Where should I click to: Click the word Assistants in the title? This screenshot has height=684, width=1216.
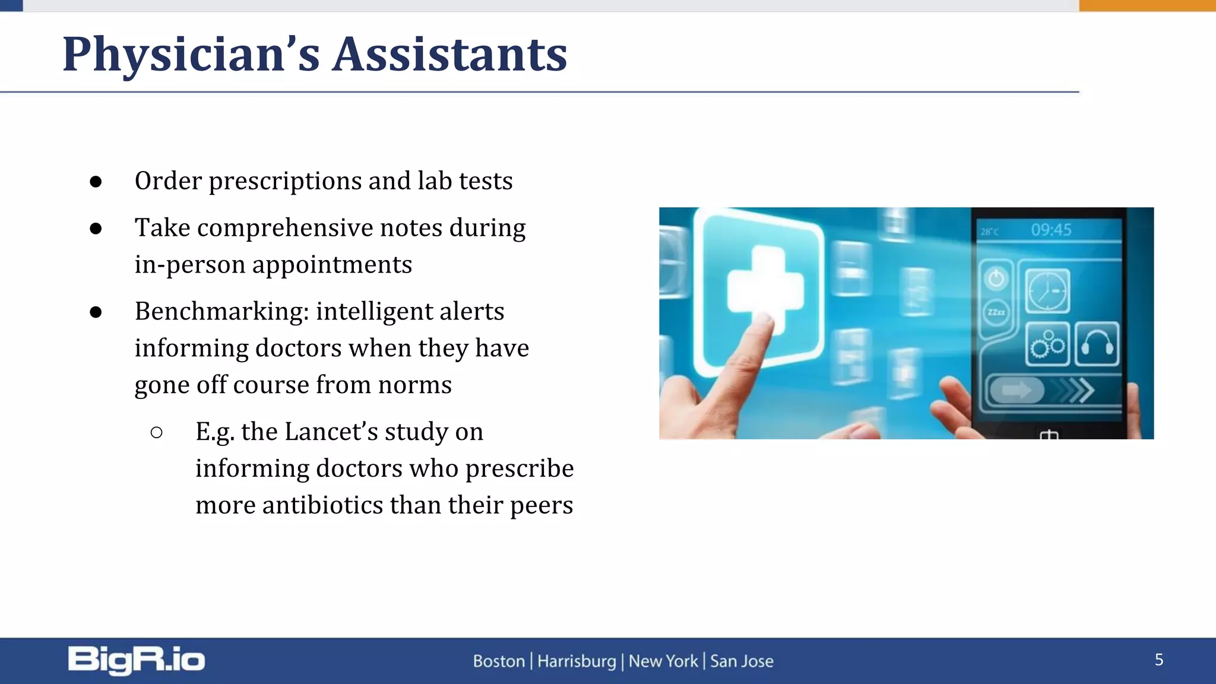[x=449, y=55]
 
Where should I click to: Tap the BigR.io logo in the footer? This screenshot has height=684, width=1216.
[x=136, y=660]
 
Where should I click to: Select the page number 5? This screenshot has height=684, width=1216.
[x=1158, y=660]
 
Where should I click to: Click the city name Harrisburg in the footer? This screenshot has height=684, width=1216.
[x=577, y=661]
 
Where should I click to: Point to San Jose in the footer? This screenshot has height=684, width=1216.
[x=742, y=661]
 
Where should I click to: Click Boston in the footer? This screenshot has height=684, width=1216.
[x=499, y=661]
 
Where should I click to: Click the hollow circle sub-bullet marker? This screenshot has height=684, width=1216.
[x=157, y=432]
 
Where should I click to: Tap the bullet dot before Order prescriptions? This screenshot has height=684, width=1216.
[x=96, y=182]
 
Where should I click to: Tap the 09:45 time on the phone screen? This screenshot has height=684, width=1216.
[x=1050, y=230]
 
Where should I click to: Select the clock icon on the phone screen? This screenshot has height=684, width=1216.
[x=1047, y=291]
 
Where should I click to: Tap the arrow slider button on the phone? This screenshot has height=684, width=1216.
[x=1016, y=390]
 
